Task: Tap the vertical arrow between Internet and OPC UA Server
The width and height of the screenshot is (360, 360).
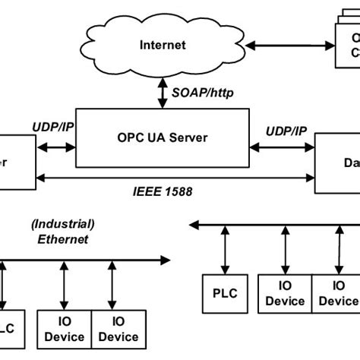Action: (162, 93)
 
